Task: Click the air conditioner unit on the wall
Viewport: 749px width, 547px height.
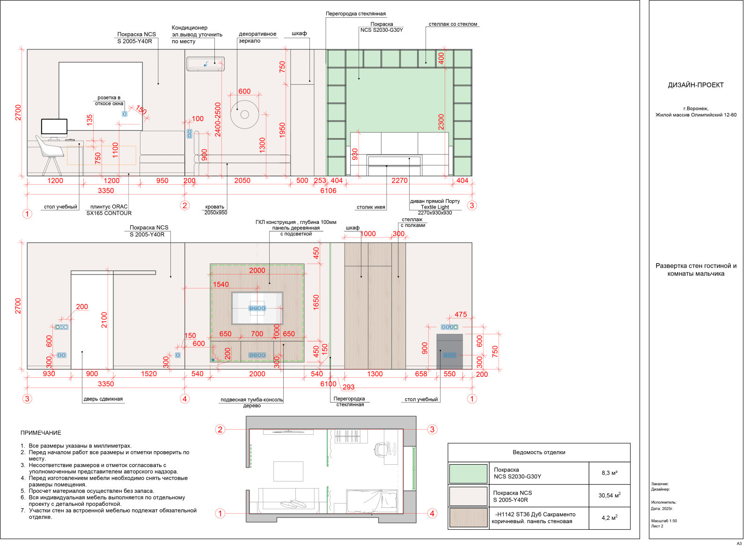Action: (x=206, y=64)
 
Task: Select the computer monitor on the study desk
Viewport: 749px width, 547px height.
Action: (x=54, y=129)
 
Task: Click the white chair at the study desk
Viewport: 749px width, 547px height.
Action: (x=50, y=154)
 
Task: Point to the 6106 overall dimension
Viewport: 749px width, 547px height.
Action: (x=328, y=191)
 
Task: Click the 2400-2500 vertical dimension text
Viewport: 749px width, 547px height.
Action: (x=218, y=119)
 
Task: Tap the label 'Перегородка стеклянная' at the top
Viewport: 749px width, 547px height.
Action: (x=356, y=14)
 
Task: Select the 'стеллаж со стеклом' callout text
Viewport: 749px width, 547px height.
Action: (x=453, y=24)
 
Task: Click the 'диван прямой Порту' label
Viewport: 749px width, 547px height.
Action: (x=435, y=201)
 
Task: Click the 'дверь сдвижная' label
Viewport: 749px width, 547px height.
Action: (x=103, y=399)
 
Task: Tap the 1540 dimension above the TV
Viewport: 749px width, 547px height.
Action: (x=221, y=285)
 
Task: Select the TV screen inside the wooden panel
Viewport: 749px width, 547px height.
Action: (x=257, y=308)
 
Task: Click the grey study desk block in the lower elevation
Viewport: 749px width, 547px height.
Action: (x=450, y=352)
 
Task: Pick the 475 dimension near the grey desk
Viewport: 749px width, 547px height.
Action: (x=461, y=315)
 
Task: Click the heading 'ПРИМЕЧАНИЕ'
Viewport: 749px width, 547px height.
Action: (x=41, y=433)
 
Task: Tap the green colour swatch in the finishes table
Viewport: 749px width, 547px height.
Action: (x=468, y=474)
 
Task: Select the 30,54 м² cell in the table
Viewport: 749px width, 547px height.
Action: (x=609, y=496)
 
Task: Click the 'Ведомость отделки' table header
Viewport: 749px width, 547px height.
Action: (x=539, y=453)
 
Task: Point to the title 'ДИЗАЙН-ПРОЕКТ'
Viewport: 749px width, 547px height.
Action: (x=696, y=85)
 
